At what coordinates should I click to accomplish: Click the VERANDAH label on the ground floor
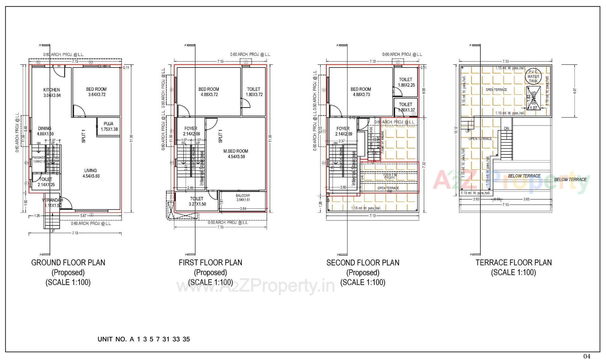(x=52, y=200)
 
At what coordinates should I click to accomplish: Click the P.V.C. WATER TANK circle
(x=533, y=76)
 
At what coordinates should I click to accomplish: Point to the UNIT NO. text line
(x=144, y=339)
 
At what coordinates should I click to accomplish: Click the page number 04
(x=586, y=356)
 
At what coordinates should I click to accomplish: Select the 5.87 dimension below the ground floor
(x=83, y=215)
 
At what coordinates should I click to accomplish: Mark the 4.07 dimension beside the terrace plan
(x=575, y=91)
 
